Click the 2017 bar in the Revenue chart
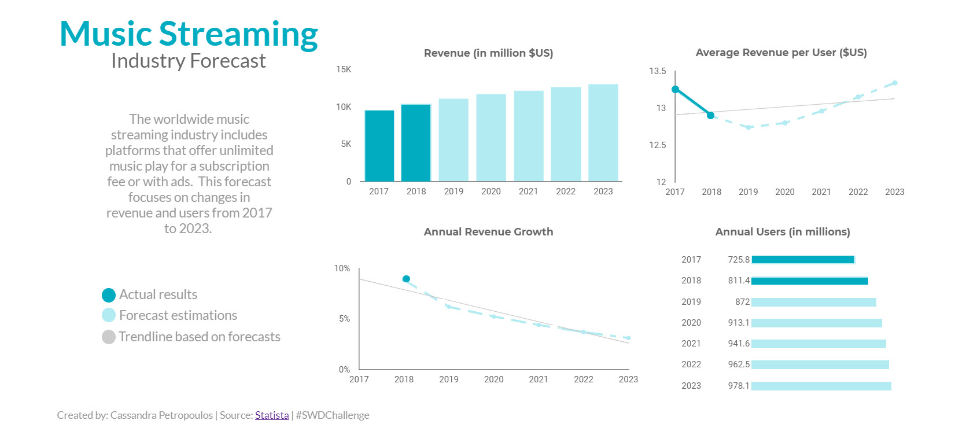(379, 146)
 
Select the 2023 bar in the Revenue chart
(603, 133)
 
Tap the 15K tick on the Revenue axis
(344, 69)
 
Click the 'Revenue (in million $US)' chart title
(488, 53)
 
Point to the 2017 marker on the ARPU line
(675, 89)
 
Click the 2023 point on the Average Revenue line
(894, 83)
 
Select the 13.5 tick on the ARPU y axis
(657, 71)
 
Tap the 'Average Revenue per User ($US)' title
(781, 53)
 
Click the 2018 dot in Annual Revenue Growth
(406, 279)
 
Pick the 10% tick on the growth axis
(342, 268)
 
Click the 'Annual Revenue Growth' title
(488, 232)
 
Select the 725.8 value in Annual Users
(739, 260)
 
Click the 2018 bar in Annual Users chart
(809, 281)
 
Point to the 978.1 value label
(739, 386)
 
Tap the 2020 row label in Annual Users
(691, 323)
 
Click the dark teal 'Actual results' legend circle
(109, 295)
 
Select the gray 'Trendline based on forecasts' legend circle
(109, 337)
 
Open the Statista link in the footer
(272, 415)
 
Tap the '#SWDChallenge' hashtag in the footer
(333, 415)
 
